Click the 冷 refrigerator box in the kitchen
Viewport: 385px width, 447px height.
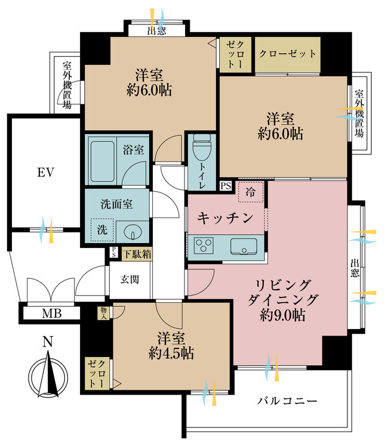click(250, 193)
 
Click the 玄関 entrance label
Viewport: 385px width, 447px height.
click(130, 278)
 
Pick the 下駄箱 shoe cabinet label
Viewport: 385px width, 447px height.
click(137, 254)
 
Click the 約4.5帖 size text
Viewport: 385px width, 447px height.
click(171, 353)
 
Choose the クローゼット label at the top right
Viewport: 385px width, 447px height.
click(287, 54)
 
